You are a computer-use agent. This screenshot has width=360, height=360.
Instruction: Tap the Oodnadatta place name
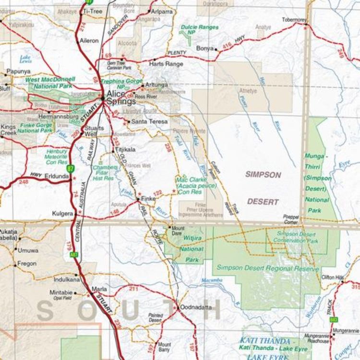coord(195,307)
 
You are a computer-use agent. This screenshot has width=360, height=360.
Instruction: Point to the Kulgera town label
coord(63,213)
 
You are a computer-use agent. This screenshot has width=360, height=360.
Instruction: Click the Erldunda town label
coord(57,176)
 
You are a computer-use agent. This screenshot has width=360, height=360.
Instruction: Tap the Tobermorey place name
coord(294,20)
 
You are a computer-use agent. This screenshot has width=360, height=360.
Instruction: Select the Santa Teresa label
coord(149,122)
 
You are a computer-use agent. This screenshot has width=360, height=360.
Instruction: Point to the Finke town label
coord(147,198)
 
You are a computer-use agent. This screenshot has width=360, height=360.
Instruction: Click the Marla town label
coord(99,289)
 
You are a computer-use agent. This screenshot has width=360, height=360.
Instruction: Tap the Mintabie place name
coord(61,292)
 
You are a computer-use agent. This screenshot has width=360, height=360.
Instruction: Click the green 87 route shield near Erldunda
coord(71,168)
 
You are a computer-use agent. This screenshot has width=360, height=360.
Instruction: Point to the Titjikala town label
coord(126,150)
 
